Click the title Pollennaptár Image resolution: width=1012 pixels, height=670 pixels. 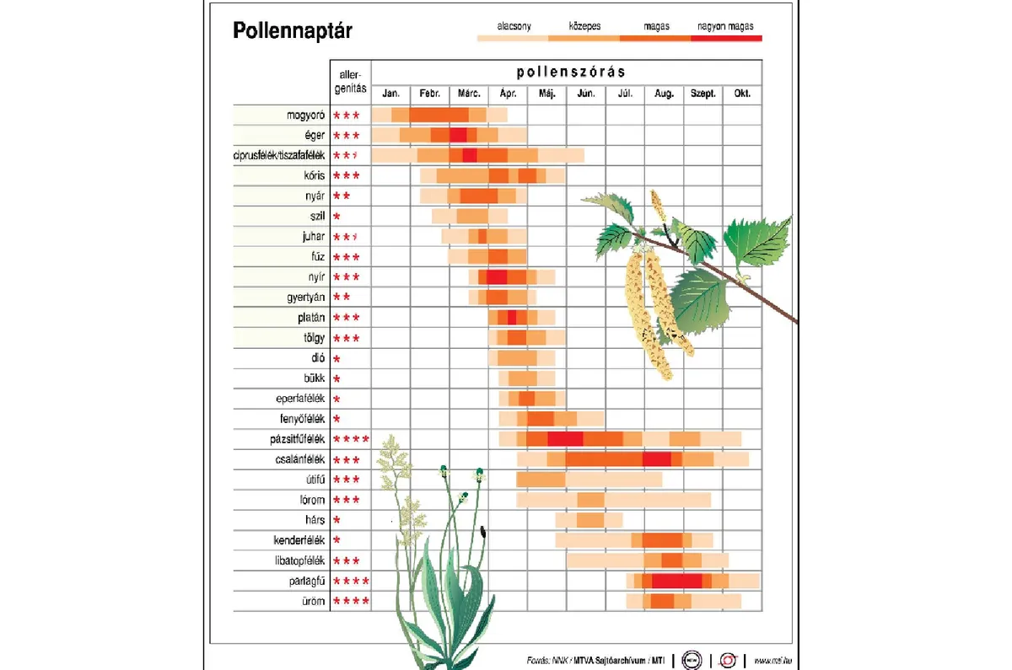pyautogui.click(x=292, y=31)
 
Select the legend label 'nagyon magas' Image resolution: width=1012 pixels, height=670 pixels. pyautogui.click(x=725, y=26)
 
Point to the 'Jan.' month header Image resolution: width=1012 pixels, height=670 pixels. pyautogui.click(x=390, y=94)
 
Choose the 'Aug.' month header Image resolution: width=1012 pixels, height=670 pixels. pyautogui.click(x=664, y=94)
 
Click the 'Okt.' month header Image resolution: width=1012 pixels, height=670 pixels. pyautogui.click(x=742, y=94)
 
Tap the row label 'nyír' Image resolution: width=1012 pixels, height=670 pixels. pyautogui.click(x=315, y=276)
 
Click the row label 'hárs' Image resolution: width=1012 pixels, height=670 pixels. pyautogui.click(x=315, y=520)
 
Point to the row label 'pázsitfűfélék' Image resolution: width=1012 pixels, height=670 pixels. pyautogui.click(x=292, y=439)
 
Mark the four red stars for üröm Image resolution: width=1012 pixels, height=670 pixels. pyautogui.click(x=351, y=601)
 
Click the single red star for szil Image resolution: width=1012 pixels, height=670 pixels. pyautogui.click(x=336, y=217)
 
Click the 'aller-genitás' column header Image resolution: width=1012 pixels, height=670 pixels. pyautogui.click(x=349, y=82)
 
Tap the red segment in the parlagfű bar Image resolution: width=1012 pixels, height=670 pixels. pyautogui.click(x=676, y=581)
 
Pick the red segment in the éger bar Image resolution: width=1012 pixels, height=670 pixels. pyautogui.click(x=458, y=135)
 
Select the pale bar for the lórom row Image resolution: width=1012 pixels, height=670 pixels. pyautogui.click(x=582, y=500)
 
